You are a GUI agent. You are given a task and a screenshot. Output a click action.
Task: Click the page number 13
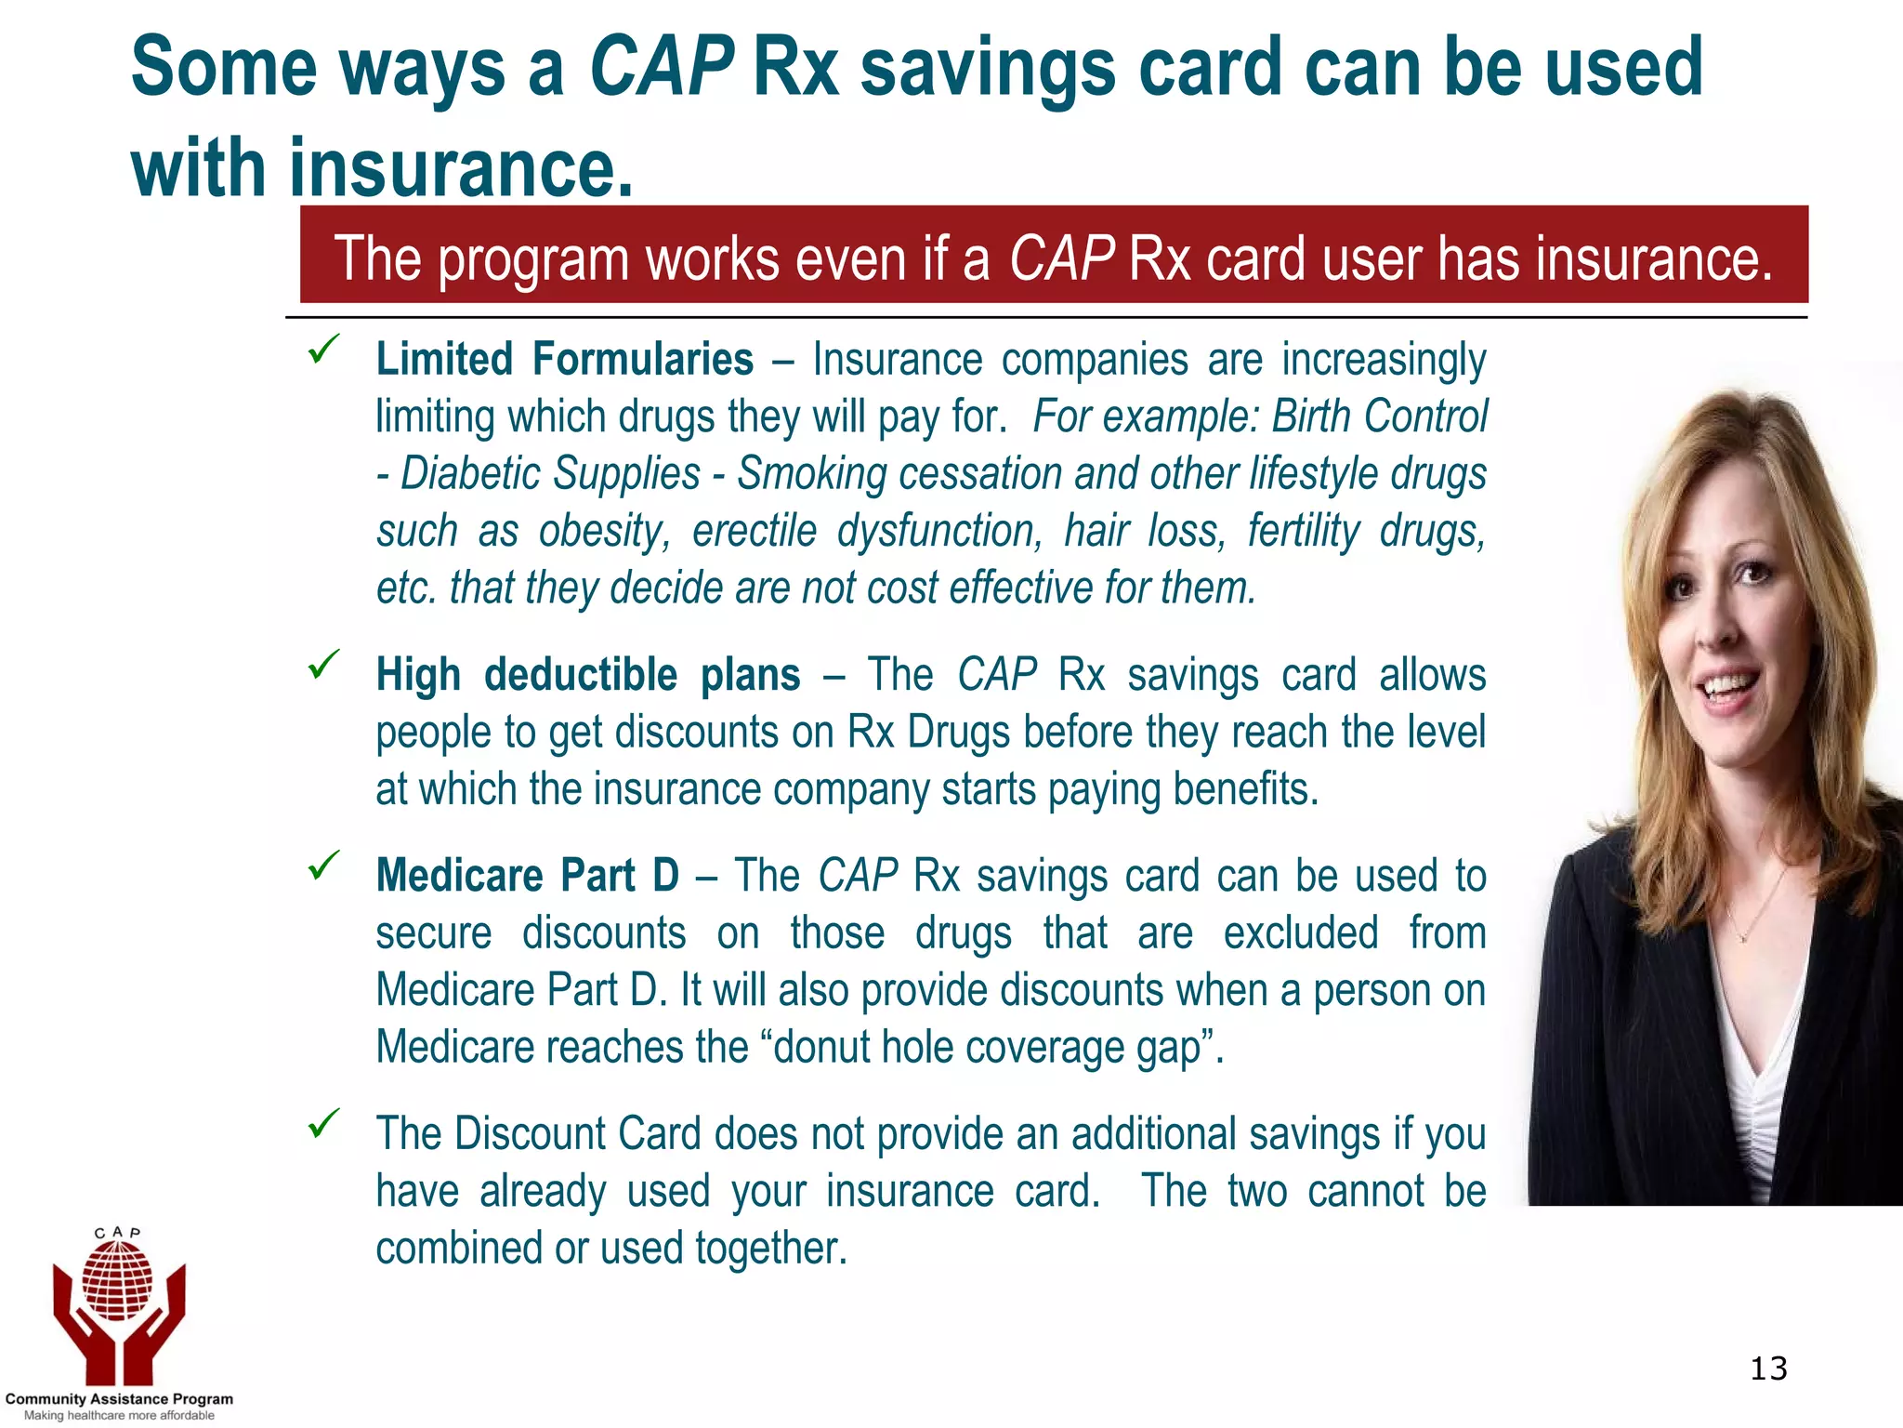pyautogui.click(x=1768, y=1368)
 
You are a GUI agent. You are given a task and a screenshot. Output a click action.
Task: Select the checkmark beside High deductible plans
pyautogui.click(x=323, y=664)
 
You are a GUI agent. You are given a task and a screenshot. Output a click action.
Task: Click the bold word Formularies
pyautogui.click(x=643, y=360)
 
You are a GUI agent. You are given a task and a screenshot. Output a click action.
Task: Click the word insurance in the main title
pyautogui.click(x=462, y=168)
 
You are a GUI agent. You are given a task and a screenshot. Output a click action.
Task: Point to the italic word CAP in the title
pyautogui.click(x=662, y=67)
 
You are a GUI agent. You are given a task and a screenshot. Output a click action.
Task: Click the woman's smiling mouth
pyautogui.click(x=1728, y=688)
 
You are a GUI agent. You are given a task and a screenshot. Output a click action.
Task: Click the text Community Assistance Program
pyautogui.click(x=119, y=1398)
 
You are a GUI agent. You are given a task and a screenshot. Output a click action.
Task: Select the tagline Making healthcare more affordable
pyautogui.click(x=119, y=1416)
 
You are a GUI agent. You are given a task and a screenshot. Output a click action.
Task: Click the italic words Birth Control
pyautogui.click(x=1379, y=416)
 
